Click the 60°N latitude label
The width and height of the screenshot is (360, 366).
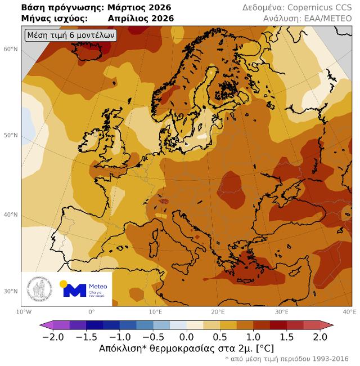(x=11, y=49)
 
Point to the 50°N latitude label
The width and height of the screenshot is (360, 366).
(x=11, y=136)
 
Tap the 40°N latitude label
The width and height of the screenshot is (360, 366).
(x=11, y=215)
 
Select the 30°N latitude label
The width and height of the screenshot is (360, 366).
(x=11, y=291)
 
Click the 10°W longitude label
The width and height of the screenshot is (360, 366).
(x=24, y=311)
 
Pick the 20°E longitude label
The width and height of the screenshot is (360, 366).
(x=218, y=311)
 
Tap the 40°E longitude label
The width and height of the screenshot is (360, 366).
(x=349, y=311)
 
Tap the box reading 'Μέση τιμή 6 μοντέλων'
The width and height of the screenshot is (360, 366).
(x=71, y=35)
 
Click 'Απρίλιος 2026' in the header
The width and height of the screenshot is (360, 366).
(x=140, y=19)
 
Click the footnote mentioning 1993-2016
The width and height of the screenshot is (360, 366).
(x=286, y=359)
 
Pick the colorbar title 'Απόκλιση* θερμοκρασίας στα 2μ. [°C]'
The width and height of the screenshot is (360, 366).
(x=186, y=349)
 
